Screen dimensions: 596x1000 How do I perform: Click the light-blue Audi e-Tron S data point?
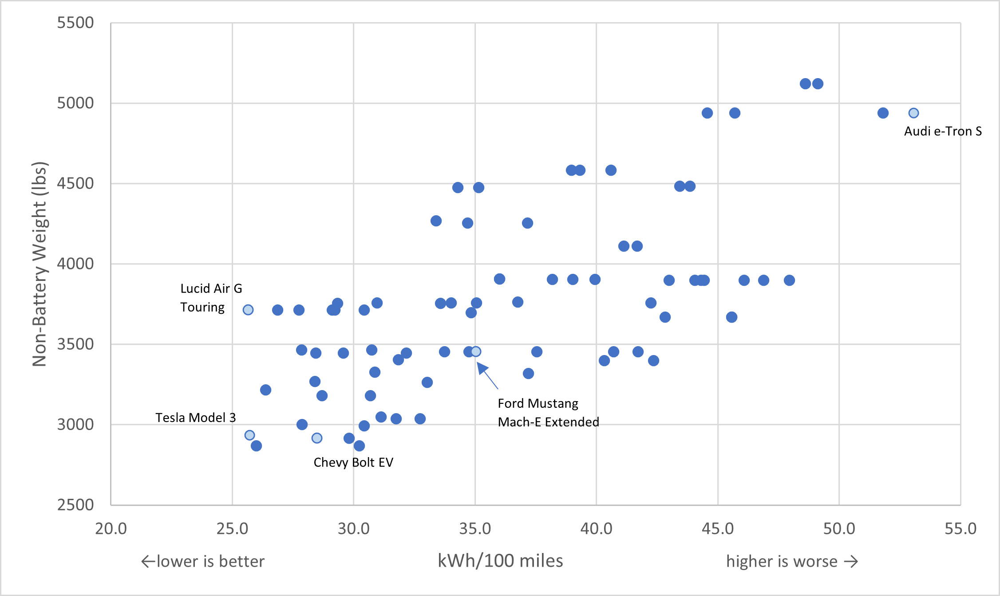click(913, 113)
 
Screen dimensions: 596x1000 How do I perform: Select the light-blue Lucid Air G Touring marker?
click(248, 310)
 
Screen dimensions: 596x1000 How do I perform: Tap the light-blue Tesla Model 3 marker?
click(250, 435)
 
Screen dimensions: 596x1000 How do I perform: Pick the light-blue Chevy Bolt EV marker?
click(317, 438)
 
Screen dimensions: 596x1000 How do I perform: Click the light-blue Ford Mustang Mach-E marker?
click(476, 351)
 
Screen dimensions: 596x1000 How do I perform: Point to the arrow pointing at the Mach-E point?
click(487, 375)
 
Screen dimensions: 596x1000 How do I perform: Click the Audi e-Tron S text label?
click(943, 131)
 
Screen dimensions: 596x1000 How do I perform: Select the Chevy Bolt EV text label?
click(353, 462)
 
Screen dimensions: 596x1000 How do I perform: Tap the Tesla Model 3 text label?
click(195, 418)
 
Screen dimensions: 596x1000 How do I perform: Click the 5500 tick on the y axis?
click(75, 23)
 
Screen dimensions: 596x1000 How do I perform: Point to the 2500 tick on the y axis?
click(75, 505)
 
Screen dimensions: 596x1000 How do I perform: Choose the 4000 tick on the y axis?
click(75, 264)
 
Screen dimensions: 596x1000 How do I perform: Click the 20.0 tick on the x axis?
click(111, 529)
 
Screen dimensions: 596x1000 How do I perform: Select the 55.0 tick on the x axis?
click(960, 529)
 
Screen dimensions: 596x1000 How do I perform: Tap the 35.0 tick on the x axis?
click(475, 529)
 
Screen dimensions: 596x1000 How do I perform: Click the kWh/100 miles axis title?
click(500, 561)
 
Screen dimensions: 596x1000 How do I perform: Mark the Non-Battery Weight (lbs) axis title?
click(40, 264)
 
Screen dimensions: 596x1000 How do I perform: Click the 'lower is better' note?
click(203, 561)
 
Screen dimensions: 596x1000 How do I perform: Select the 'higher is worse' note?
click(792, 561)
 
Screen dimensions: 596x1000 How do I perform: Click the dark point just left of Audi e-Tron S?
click(883, 113)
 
